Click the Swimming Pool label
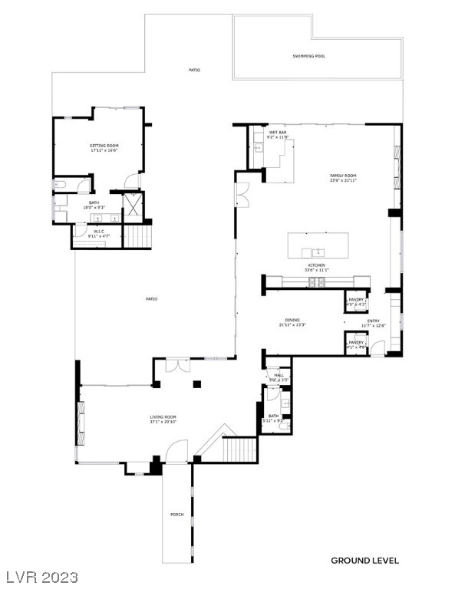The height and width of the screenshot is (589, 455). [308, 56]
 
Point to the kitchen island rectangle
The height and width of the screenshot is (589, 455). [318, 246]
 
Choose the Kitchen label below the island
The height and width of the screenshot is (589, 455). [318, 265]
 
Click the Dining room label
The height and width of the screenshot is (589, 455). [292, 320]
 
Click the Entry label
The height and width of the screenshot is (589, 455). [374, 321]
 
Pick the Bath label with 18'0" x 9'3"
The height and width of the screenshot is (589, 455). [94, 202]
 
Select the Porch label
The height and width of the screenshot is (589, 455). [176, 514]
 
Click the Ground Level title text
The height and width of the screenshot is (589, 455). [364, 561]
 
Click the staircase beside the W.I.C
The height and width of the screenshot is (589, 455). [137, 235]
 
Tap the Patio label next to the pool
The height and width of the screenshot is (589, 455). [194, 70]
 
